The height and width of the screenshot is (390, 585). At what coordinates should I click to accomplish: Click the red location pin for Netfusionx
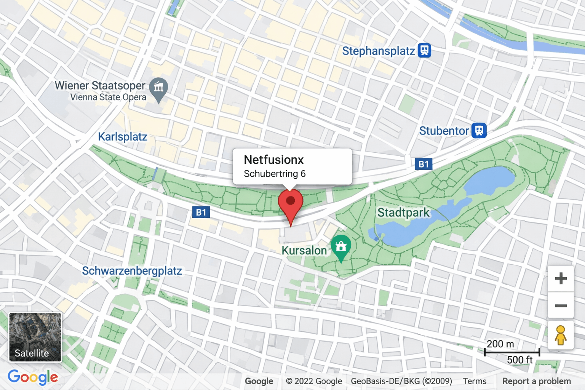[291, 202]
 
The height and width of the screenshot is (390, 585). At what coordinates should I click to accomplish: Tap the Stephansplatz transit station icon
[424, 50]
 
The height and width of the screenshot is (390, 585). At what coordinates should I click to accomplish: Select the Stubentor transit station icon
[479, 131]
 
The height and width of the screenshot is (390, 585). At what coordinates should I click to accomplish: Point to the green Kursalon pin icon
[341, 247]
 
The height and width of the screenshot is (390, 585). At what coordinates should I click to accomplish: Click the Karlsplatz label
[123, 137]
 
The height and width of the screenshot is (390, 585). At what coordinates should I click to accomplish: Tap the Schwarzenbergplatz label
[132, 271]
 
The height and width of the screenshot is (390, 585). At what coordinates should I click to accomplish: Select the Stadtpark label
[403, 213]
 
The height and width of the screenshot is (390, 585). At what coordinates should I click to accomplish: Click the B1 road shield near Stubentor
[424, 164]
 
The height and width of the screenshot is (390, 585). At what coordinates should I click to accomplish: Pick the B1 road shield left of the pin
[201, 212]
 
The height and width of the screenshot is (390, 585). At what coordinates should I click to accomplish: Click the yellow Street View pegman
[560, 335]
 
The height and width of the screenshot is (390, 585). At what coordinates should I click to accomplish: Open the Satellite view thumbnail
[35, 337]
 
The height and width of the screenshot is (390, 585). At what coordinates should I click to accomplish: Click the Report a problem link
[536, 381]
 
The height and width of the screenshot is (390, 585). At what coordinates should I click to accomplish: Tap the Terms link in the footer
[475, 381]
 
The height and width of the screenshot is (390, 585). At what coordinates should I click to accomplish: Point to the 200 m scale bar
[512, 352]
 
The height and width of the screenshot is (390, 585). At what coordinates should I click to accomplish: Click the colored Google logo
[33, 377]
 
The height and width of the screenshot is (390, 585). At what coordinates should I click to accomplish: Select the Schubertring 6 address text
[275, 174]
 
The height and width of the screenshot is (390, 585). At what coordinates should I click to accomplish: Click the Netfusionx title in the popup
[274, 160]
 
